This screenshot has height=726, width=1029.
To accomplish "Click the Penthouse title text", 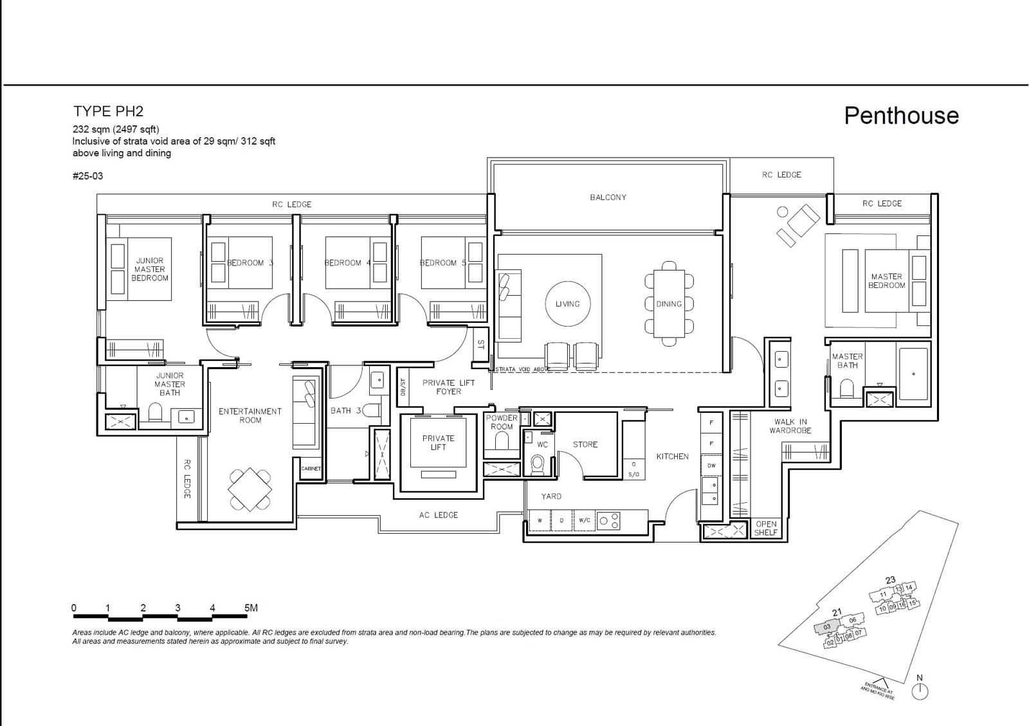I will click(901, 116).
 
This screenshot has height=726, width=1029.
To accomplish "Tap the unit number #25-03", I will click(87, 176).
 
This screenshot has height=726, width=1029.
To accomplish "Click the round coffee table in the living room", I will click(567, 304).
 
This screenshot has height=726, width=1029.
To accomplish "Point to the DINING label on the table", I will click(669, 304).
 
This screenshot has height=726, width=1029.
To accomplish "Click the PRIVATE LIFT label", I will click(438, 442).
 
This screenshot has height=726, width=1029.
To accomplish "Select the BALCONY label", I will click(608, 197).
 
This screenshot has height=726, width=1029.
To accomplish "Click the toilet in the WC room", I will click(538, 463).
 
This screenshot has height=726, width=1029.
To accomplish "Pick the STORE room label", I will click(585, 444).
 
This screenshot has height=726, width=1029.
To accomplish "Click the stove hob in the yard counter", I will click(609, 520).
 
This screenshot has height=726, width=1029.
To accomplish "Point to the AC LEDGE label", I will click(438, 515).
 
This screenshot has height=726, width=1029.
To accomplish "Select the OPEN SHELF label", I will click(766, 528).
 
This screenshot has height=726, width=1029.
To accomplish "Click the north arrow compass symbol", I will click(920, 691).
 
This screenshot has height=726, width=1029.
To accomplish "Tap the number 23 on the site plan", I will click(890, 580).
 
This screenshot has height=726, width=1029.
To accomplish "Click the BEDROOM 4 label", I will click(347, 263).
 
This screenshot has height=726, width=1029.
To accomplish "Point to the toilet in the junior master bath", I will click(156, 412).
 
